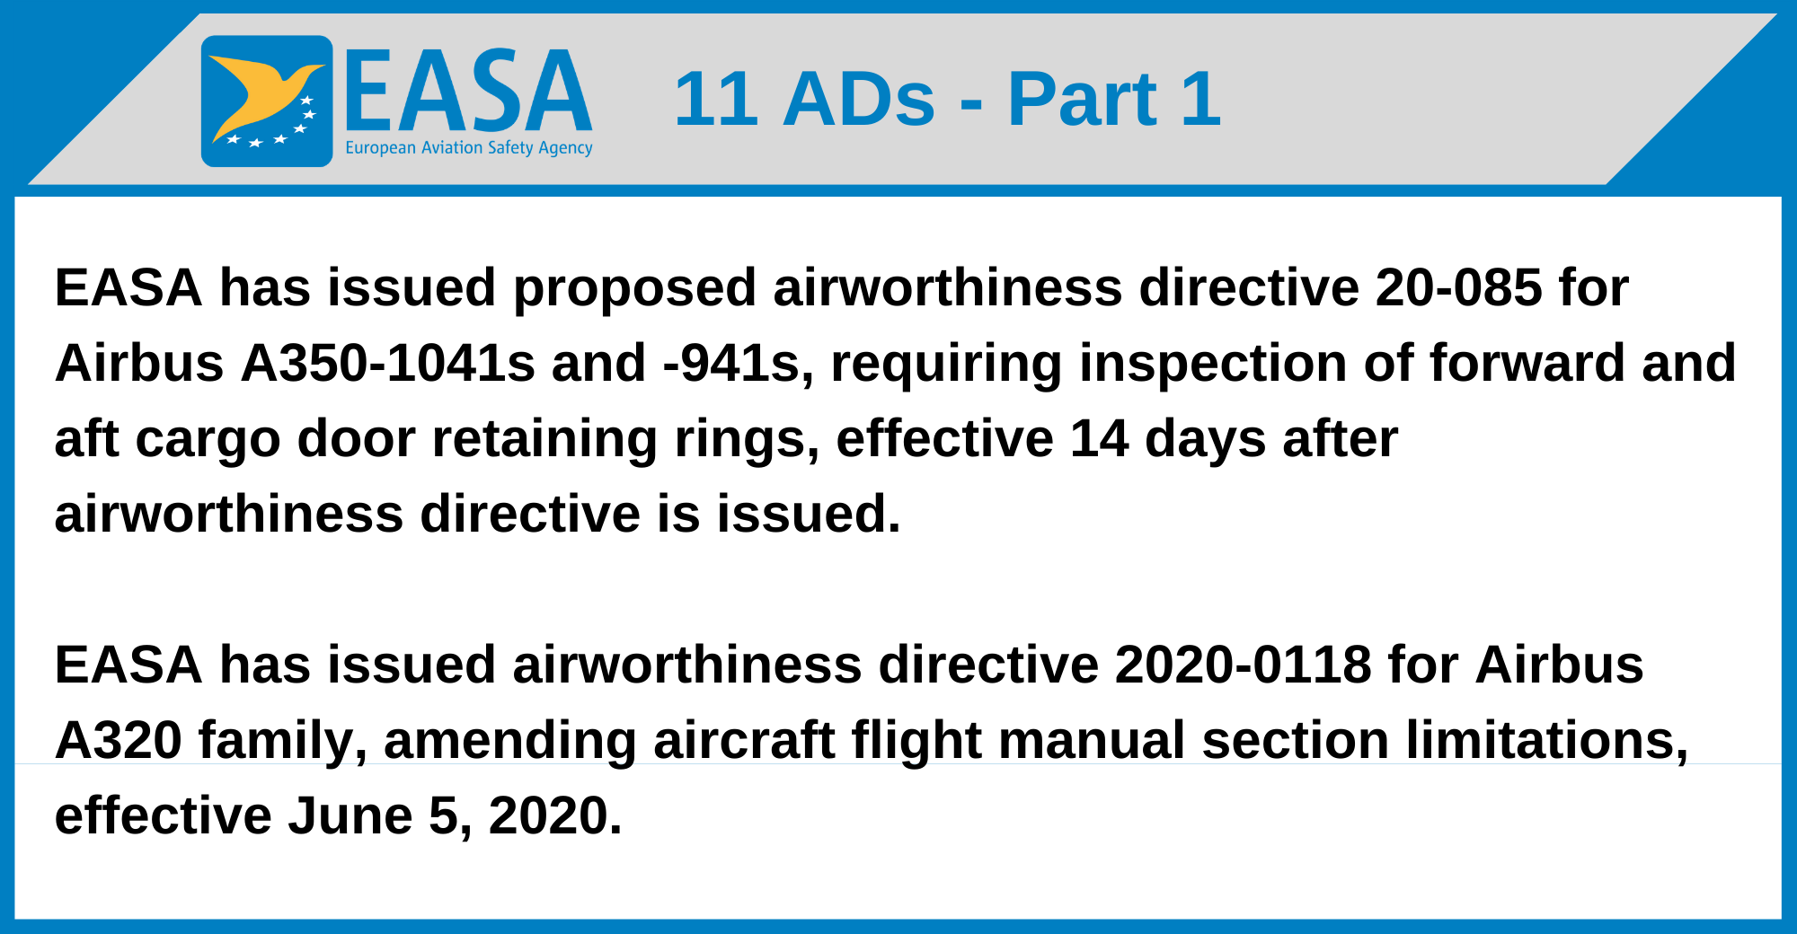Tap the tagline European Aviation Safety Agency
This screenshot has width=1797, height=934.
coord(469,148)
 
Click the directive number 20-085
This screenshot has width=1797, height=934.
coord(1457,287)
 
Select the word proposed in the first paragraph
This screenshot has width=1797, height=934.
coord(634,289)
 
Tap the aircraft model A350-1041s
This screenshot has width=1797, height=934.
coord(387,363)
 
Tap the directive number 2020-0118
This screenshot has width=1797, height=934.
coord(1243,665)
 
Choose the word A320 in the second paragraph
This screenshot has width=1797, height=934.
coord(119,740)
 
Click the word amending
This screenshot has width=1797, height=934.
coord(509,742)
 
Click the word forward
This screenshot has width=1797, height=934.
coord(1527,363)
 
